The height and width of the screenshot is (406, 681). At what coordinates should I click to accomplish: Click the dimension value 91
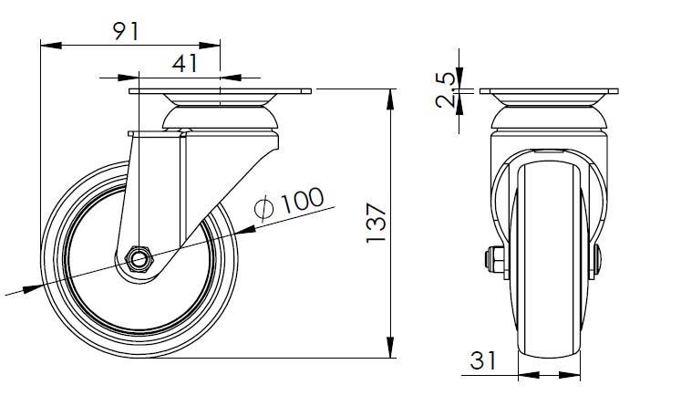click(x=126, y=31)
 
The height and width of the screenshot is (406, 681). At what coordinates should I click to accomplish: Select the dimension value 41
click(x=184, y=64)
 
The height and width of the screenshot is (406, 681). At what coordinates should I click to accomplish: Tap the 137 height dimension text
click(x=377, y=222)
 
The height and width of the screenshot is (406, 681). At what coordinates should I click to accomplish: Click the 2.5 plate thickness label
click(x=446, y=90)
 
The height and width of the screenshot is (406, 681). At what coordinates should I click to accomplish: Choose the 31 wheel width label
click(x=483, y=360)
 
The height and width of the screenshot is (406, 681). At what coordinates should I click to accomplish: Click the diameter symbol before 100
click(x=264, y=207)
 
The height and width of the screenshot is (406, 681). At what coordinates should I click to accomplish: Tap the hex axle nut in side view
click(x=139, y=260)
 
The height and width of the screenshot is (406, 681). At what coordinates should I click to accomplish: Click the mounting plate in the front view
click(x=549, y=91)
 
